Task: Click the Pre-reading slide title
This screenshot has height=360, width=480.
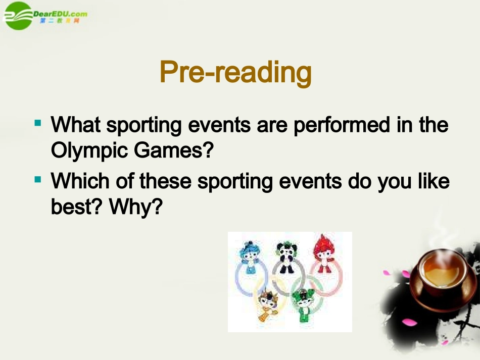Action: pos(235,73)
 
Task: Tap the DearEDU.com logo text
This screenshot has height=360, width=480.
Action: pos(60,14)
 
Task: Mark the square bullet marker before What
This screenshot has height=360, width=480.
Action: pos(38,123)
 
